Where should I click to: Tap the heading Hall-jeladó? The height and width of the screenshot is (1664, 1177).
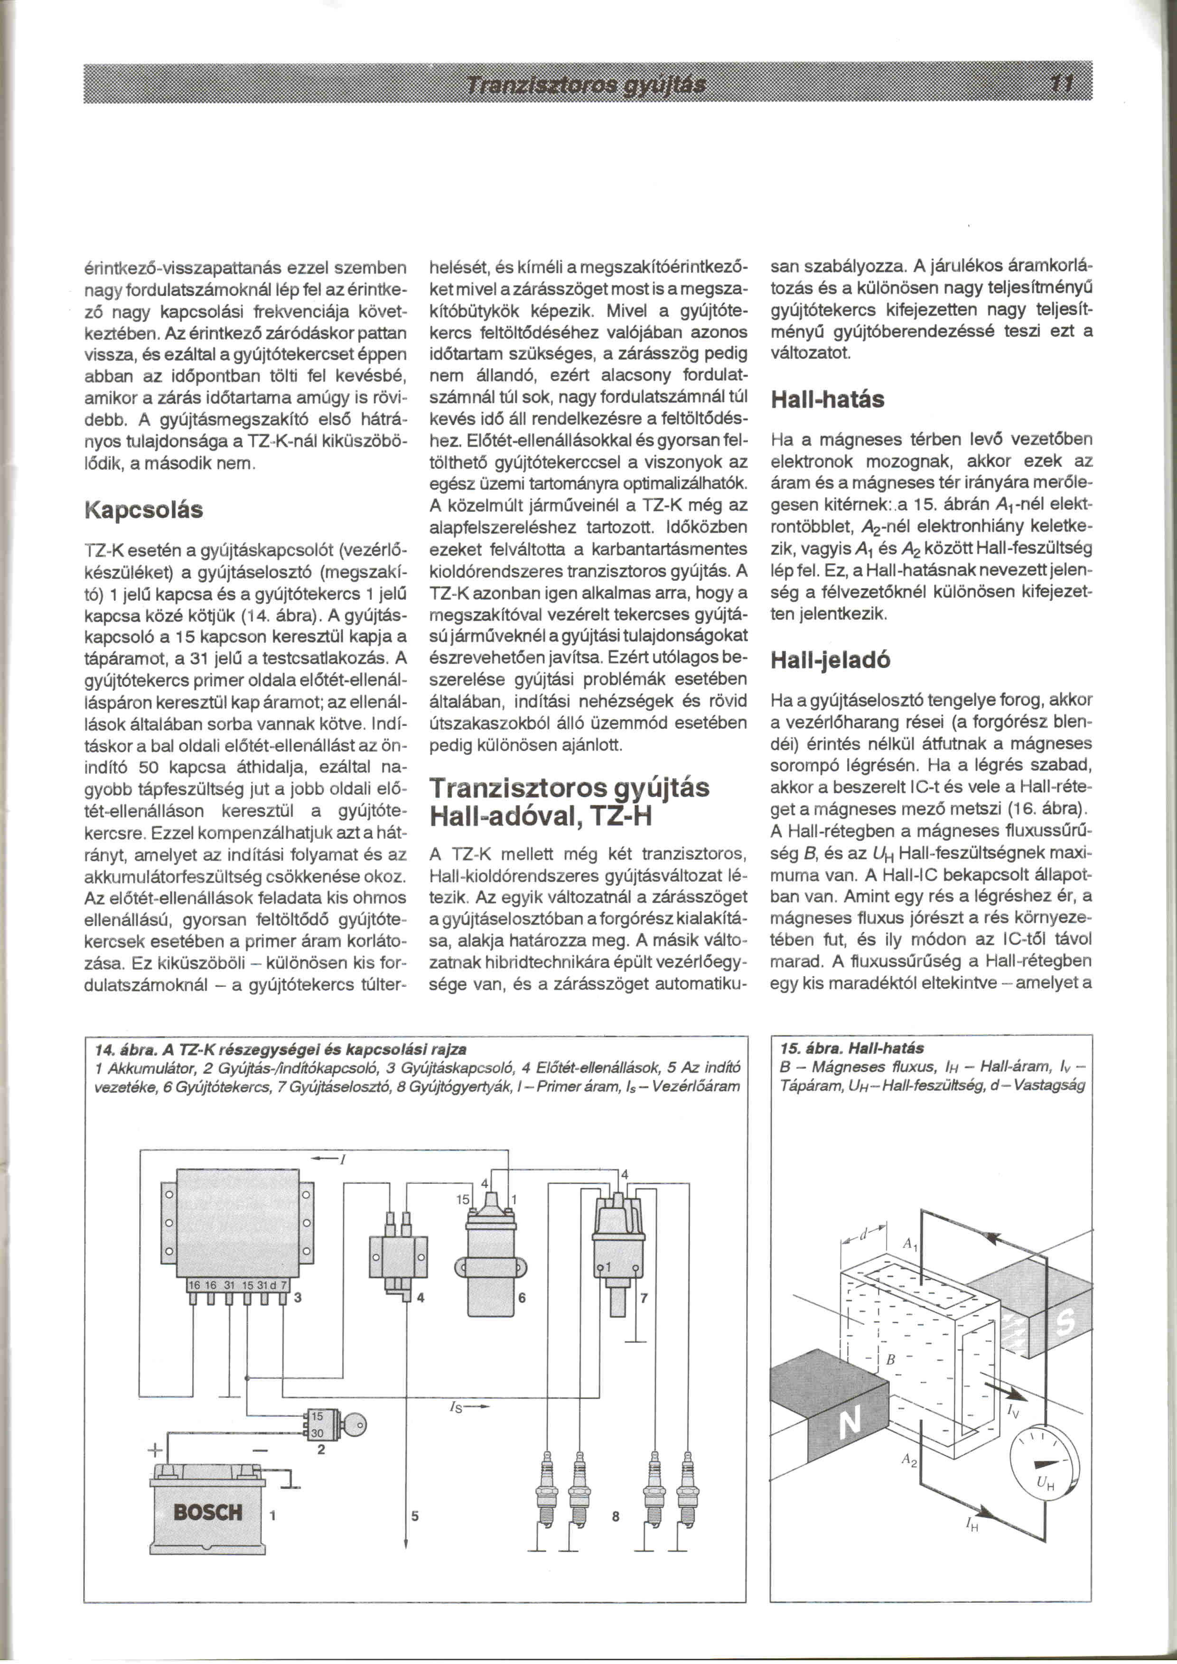pyautogui.click(x=830, y=660)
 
